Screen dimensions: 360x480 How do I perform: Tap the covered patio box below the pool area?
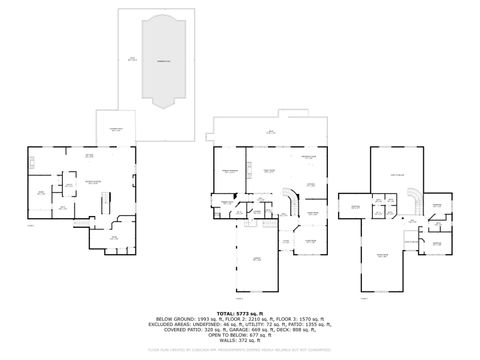pyautogui.click(x=115, y=129)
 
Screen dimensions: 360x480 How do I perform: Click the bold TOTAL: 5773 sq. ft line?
pyautogui.click(x=240, y=313)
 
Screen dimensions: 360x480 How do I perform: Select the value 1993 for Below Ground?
pyautogui.click(x=195, y=320)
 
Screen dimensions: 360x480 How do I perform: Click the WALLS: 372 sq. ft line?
pyautogui.click(x=240, y=341)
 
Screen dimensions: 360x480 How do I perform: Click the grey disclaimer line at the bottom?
pyautogui.click(x=240, y=350)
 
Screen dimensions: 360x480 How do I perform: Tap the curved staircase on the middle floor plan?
pyautogui.click(x=292, y=203)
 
